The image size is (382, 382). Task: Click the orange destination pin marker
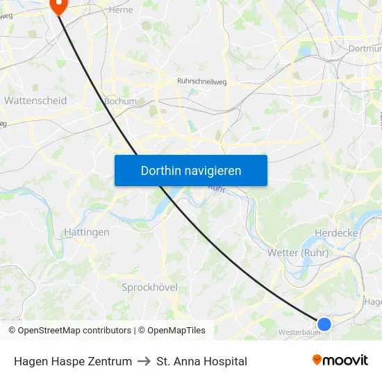[x=58, y=6]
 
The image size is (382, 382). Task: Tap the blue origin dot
[x=324, y=324]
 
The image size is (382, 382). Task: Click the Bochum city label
[x=119, y=101]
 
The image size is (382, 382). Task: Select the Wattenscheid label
[x=35, y=101]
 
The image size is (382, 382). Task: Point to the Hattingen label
[x=86, y=232]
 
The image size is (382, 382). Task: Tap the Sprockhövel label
[x=149, y=287]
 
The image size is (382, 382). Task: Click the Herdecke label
[x=336, y=233]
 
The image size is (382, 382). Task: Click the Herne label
[x=120, y=10]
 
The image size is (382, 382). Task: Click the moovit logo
[x=340, y=360]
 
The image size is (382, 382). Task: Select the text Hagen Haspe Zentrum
[x=73, y=361]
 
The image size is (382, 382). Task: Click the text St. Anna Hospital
[x=202, y=361]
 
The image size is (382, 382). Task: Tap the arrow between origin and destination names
[x=144, y=361]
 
